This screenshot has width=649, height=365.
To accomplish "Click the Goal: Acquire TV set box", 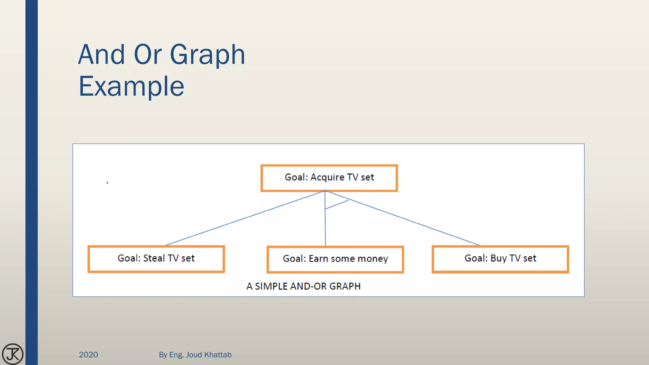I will click(329, 178).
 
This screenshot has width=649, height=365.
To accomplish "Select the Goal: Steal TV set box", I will click(156, 259).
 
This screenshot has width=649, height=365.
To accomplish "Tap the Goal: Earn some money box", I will click(335, 259).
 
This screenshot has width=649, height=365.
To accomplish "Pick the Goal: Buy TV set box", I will click(500, 259).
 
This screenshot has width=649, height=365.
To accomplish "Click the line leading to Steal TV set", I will click(244, 218).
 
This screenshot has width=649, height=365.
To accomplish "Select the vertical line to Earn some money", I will click(325, 228).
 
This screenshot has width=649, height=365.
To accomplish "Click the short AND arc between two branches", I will click(337, 205).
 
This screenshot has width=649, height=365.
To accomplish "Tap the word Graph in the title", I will click(208, 55).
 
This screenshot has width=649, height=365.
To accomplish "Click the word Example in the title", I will click(131, 86).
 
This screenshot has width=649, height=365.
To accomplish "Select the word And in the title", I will click(101, 55).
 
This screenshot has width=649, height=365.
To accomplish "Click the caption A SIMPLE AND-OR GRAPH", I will click(303, 286).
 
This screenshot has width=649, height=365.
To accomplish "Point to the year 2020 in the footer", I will click(88, 355).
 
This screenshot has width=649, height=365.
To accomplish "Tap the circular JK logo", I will click(13, 354).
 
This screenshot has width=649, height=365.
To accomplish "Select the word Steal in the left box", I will click(154, 258).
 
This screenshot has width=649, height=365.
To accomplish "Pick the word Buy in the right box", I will click(498, 259).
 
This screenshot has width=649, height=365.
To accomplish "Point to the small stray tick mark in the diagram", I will click(107, 183).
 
